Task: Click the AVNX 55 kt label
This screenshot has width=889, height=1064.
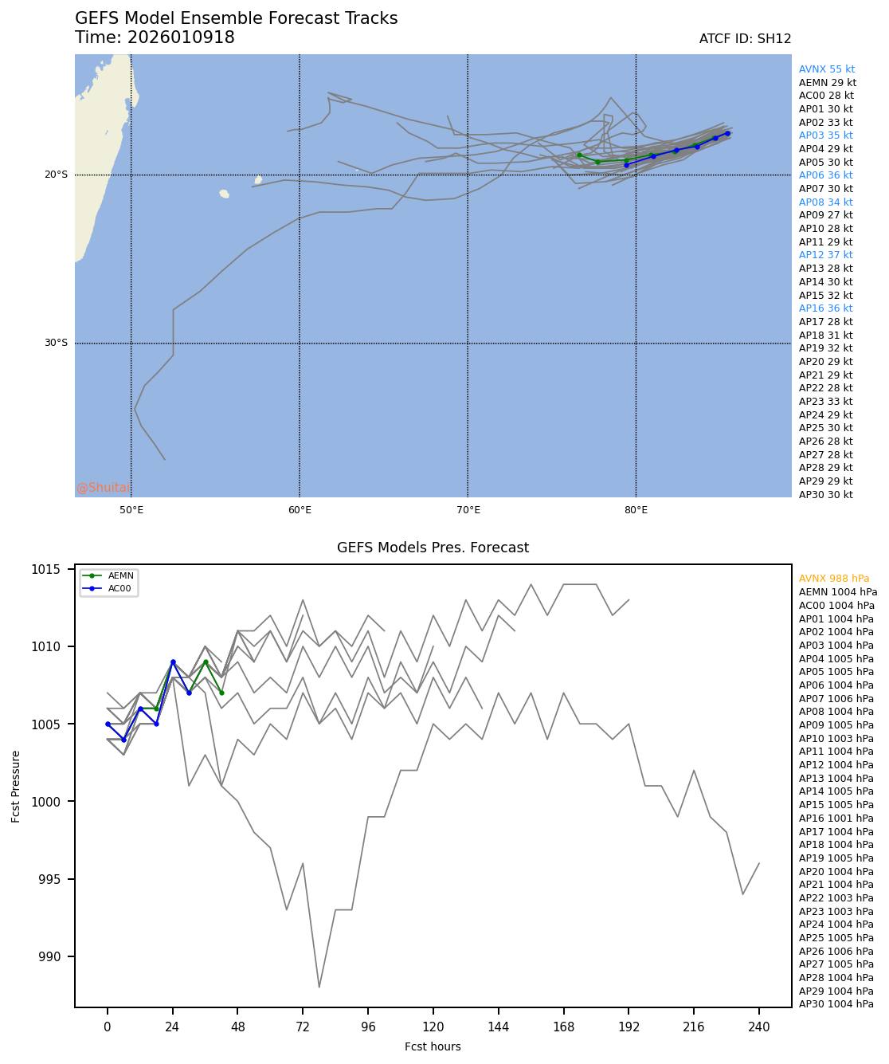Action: [x=827, y=69]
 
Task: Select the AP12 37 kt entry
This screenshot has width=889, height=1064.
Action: [x=825, y=255]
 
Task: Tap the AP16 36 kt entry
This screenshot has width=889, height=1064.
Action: [x=825, y=308]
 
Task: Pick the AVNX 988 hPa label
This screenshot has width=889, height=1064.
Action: [x=834, y=579]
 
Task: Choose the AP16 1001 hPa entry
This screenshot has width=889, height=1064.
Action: [x=836, y=819]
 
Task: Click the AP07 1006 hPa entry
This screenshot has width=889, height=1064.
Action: [x=836, y=699]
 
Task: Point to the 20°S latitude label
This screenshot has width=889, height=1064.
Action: [x=56, y=175]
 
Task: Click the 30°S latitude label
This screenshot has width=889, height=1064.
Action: [x=56, y=344]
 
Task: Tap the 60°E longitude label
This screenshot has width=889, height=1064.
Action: [x=300, y=510]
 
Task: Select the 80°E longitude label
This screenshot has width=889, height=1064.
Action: [x=636, y=510]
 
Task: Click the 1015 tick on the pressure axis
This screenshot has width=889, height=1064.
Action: [x=46, y=569]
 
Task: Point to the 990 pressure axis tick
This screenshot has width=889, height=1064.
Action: [x=49, y=956]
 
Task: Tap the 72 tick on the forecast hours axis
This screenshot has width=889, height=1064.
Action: [x=303, y=1027]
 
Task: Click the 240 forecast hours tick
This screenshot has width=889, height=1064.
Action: [x=759, y=1027]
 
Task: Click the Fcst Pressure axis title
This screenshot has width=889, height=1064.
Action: [x=16, y=786]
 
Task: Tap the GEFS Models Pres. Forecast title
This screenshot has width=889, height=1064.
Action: [x=433, y=548]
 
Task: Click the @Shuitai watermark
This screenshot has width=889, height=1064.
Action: [x=102, y=488]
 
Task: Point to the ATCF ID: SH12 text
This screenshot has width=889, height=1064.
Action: [x=745, y=39]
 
